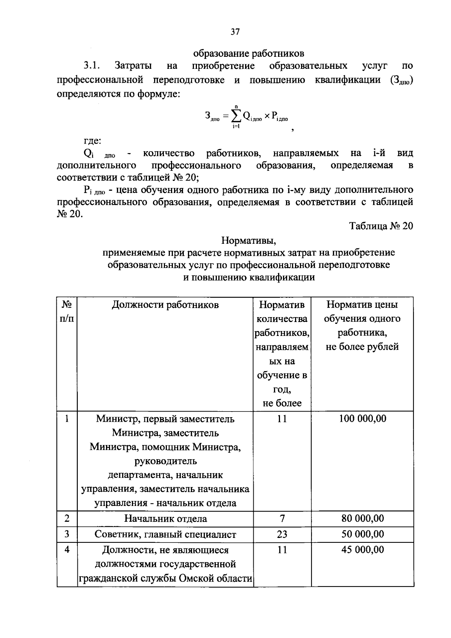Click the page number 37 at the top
235,32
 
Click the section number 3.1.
91,66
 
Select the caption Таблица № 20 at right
381,226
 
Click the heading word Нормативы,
249,240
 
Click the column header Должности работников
165,304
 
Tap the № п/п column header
67,311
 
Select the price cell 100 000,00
362,419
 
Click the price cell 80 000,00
362,519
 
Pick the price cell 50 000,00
362,534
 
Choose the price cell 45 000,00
362,550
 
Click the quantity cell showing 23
282,534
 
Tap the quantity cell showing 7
282,519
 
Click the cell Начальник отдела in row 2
165,519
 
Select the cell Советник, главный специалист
165,535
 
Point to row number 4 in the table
67,550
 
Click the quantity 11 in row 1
282,419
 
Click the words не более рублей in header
362,347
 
